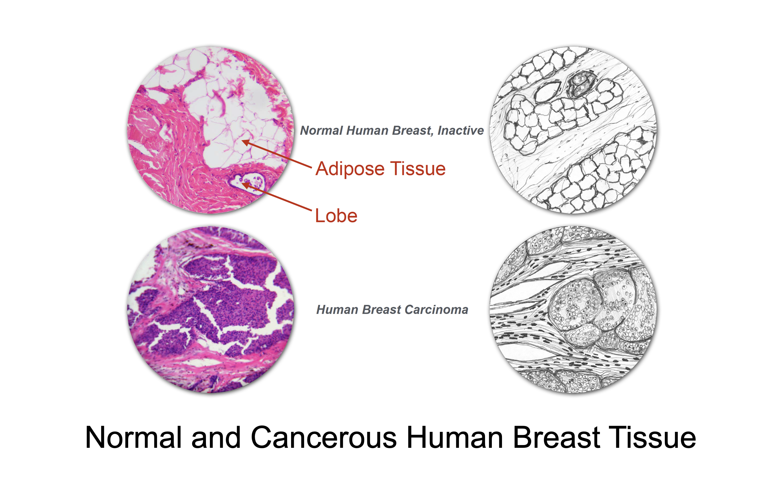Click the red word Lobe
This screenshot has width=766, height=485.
tap(336, 216)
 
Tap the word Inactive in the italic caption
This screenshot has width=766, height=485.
tap(461, 130)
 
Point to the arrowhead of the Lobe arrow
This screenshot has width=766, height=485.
tap(246, 185)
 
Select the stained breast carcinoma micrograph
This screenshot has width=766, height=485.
tap(211, 310)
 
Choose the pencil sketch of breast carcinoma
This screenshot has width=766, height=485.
tap(573, 310)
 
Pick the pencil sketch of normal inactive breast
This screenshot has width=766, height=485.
tap(573, 130)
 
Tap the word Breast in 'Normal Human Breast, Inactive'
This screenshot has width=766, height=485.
tap(413, 130)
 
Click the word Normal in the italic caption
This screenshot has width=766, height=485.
tap(322, 130)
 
